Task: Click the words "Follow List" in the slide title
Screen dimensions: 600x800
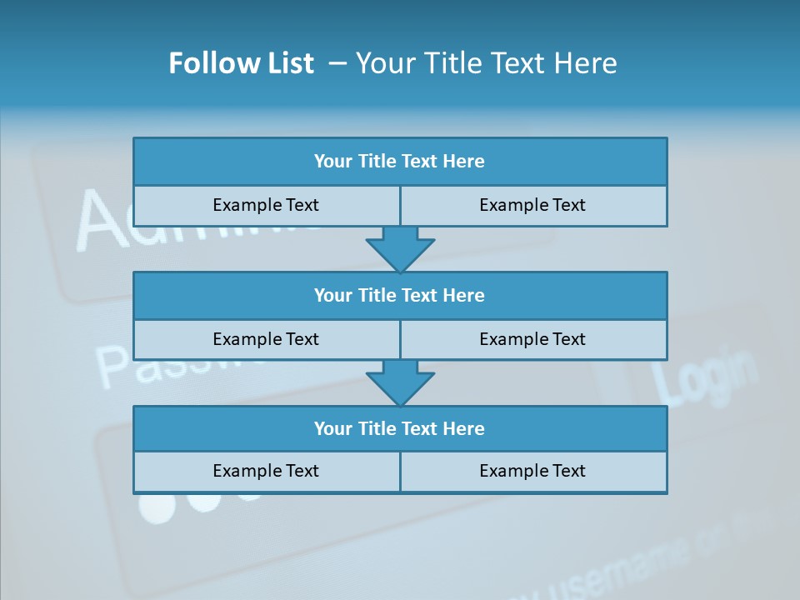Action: [242, 63]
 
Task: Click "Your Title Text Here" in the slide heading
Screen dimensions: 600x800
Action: [486, 63]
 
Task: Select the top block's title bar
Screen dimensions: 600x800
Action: [400, 162]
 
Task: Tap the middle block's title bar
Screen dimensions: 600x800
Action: [400, 296]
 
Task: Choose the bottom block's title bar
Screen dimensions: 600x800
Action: [400, 429]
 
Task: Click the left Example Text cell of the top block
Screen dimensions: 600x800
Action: [266, 205]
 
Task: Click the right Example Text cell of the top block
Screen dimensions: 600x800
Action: [532, 205]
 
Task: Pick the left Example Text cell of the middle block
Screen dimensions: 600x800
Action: [266, 339]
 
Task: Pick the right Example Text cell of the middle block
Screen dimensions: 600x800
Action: [532, 339]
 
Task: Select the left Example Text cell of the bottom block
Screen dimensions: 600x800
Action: [266, 471]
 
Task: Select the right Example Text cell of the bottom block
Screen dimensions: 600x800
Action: [532, 471]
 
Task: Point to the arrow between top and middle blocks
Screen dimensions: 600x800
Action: [400, 248]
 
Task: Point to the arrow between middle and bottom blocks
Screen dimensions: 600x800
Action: [400, 382]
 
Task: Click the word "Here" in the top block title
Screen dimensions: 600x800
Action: [463, 162]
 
